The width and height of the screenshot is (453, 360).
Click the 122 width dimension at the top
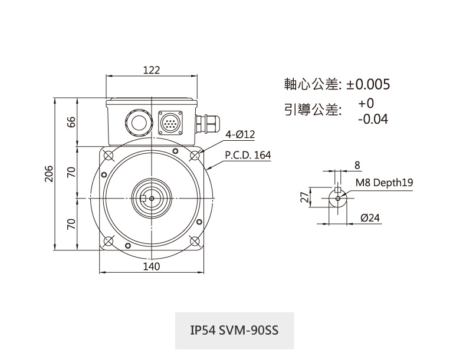pos(152,70)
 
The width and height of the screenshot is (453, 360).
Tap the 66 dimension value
pos(71,122)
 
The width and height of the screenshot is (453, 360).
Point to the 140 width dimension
pos(152,266)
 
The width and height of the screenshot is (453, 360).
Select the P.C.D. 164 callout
pos(248,156)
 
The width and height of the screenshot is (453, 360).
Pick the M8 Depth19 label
pos(384,183)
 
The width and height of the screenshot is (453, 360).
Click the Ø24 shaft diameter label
pos(370,218)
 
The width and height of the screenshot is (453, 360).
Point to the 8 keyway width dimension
pos(357,164)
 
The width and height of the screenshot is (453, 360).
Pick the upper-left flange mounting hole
pos(108,156)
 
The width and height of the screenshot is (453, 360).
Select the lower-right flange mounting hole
pos(195,242)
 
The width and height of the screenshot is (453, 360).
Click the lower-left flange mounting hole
pos(108,242)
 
